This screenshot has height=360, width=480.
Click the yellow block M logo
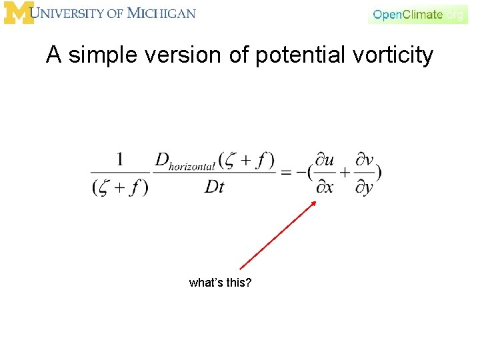18,13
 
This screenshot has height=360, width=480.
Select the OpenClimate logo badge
417,14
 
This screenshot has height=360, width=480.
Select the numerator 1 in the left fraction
120,159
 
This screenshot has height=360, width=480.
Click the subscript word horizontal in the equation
192,167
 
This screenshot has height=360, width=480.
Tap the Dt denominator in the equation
215,187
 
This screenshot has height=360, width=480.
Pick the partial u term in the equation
325,160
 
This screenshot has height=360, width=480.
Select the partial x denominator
325,187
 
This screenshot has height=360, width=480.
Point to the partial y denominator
364,188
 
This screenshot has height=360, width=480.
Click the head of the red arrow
314,203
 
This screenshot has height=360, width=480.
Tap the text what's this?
220,283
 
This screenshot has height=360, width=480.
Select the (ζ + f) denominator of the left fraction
120,187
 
